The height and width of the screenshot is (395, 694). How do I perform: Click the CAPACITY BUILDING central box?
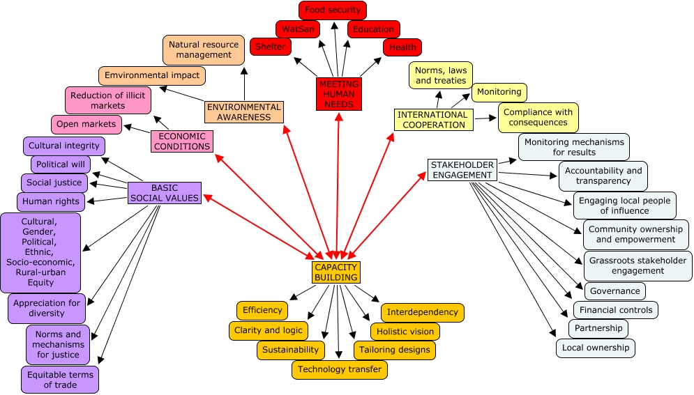335,272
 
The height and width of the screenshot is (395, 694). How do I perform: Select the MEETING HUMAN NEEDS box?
338,94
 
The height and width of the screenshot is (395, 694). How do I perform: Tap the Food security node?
333,10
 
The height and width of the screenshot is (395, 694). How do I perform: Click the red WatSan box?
298,29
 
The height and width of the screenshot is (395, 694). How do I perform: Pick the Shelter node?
269,47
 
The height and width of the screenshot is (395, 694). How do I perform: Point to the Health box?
402,47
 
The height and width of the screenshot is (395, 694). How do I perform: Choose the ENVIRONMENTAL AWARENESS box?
244,112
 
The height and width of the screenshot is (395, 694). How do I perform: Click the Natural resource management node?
204,49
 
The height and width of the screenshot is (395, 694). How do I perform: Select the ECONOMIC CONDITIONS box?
182,141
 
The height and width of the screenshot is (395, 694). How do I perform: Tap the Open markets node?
86,125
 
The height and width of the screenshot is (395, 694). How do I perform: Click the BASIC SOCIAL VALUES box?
165,193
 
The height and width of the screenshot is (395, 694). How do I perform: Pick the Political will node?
61,164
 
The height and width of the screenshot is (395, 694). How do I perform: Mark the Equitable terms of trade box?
60,380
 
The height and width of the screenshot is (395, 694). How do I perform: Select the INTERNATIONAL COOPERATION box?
433,120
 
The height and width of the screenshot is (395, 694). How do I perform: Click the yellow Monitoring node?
499,92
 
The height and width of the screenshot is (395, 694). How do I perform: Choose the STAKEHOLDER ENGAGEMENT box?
462,170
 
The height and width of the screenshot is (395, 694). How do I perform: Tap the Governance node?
614,291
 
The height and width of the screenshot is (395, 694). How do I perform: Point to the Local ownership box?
596,348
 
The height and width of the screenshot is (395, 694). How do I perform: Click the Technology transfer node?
340,370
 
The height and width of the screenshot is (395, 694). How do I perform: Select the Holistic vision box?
405,332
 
